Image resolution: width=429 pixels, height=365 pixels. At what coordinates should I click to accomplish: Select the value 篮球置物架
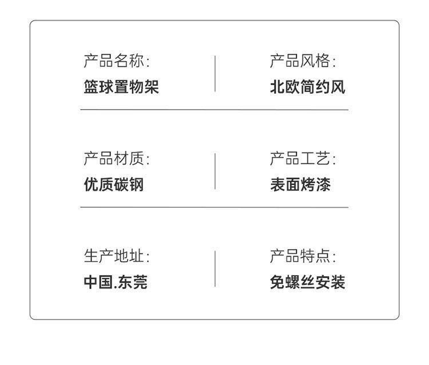click(x=121, y=87)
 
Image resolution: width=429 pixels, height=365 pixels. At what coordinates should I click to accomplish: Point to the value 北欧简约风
click(x=308, y=87)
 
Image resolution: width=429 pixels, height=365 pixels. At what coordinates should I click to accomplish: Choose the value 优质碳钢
click(x=114, y=185)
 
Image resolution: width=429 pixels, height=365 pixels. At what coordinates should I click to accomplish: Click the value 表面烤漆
click(x=300, y=185)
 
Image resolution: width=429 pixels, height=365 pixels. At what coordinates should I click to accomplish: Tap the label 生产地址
click(x=117, y=256)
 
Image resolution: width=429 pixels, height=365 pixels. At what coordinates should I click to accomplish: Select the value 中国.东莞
click(x=116, y=282)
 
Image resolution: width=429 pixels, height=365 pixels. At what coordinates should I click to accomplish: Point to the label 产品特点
click(x=303, y=256)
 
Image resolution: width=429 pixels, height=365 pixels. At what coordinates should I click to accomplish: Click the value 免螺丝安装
click(x=308, y=282)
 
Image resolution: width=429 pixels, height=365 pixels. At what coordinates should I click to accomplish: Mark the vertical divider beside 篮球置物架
click(x=215, y=74)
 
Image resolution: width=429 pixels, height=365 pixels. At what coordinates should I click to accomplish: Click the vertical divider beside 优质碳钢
click(x=215, y=171)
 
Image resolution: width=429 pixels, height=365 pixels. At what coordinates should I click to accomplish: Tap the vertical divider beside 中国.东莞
click(x=215, y=268)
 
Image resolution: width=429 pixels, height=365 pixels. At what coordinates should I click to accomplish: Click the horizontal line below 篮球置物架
click(x=214, y=110)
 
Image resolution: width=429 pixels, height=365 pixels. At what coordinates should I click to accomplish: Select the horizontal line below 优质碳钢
click(x=214, y=207)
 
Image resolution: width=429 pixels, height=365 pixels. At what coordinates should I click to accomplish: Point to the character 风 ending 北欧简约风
click(x=338, y=87)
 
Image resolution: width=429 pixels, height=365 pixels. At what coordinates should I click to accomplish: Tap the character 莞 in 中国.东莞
click(x=140, y=282)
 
